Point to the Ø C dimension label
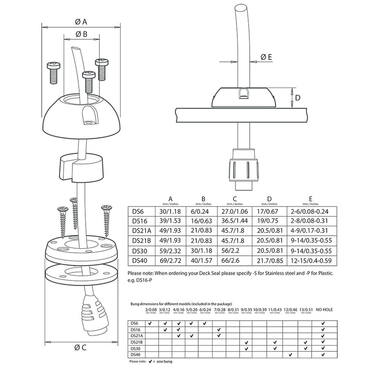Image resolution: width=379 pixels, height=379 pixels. pyautogui.click(x=79, y=348)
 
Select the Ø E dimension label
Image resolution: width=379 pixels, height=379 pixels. pyautogui.click(x=266, y=57)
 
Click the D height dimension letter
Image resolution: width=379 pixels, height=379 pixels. pyautogui.click(x=298, y=98)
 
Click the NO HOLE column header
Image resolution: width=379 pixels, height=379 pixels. pyautogui.click(x=323, y=309)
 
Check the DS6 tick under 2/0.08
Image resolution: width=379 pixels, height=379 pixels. pyautogui.click(x=150, y=323)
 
